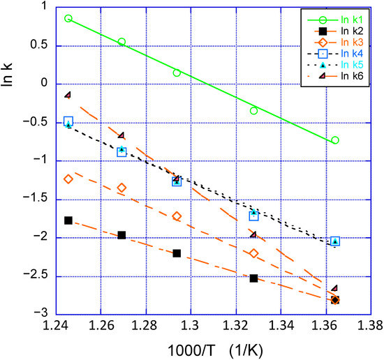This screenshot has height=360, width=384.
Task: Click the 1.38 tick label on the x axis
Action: point(370,325)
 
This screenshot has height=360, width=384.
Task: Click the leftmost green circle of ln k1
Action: point(68,18)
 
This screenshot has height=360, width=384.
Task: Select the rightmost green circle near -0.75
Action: point(335,140)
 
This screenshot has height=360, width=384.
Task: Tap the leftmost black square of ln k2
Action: point(68,220)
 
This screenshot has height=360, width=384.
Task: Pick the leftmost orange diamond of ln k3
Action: point(68,179)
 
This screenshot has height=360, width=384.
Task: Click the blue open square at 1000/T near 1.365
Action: point(335,241)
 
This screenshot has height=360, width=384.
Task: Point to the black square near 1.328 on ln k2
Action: point(253,278)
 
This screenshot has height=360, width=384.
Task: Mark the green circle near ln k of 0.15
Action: point(177,73)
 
